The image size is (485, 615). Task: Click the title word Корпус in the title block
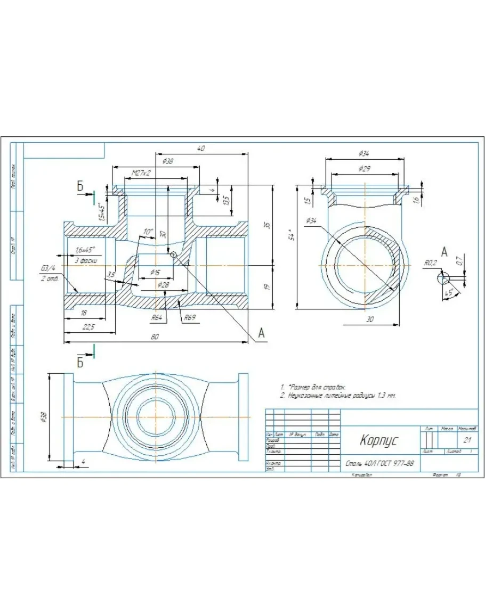coord(378,440)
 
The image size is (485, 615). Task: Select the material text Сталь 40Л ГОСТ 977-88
coord(379,463)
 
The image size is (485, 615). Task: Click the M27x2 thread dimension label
coord(141,173)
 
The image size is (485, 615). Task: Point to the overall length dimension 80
coord(155,337)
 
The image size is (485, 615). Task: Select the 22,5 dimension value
coord(88,327)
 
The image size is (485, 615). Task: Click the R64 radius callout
coord(157,317)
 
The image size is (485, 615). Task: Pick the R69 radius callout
coord(190,318)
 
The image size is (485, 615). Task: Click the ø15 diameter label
coord(155,272)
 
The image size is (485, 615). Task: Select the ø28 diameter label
coord(163,285)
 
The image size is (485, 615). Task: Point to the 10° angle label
coord(148,232)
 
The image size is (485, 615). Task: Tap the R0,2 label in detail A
coord(431,263)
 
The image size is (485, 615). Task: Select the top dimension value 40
coord(201,149)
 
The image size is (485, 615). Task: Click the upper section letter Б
coord(80,186)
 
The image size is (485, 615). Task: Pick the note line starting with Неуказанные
coord(341,396)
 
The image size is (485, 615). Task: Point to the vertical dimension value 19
coord(267,286)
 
